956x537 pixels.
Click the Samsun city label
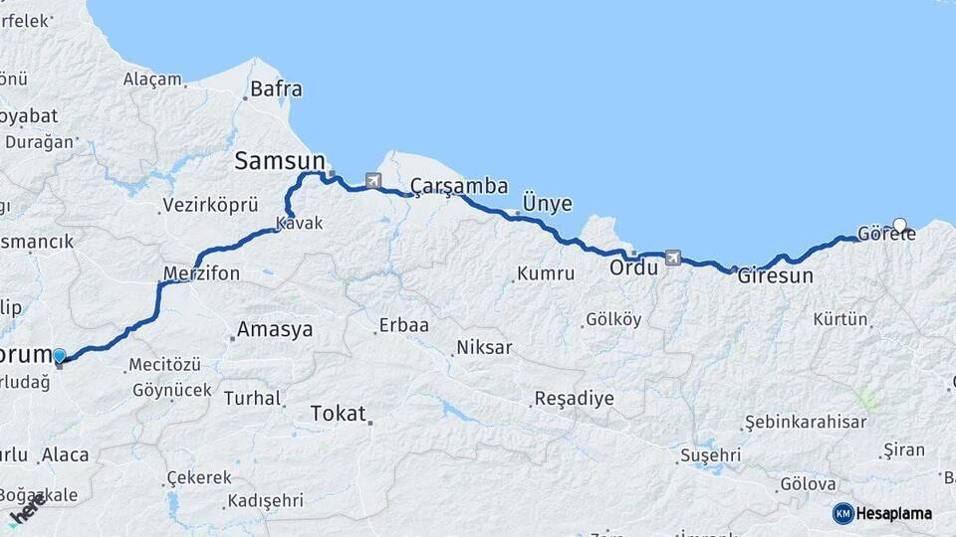tap(280, 161)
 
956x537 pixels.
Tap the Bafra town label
tap(276, 89)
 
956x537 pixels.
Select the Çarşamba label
tap(460, 186)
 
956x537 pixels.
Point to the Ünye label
tap(547, 204)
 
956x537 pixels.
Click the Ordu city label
tap(634, 268)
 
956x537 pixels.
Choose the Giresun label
tap(775, 276)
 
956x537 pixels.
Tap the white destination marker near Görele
tap(900, 225)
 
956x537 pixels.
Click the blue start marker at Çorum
tap(60, 356)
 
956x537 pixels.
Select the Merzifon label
tap(201, 273)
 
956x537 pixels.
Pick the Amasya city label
tap(274, 329)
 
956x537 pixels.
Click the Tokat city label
tap(338, 413)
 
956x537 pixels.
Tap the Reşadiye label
tap(574, 399)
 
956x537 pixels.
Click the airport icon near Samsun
tap(373, 181)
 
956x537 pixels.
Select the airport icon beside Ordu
tap(672, 258)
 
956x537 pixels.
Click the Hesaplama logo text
tap(893, 514)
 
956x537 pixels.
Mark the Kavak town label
tap(299, 224)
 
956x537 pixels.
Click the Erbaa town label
tap(403, 325)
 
